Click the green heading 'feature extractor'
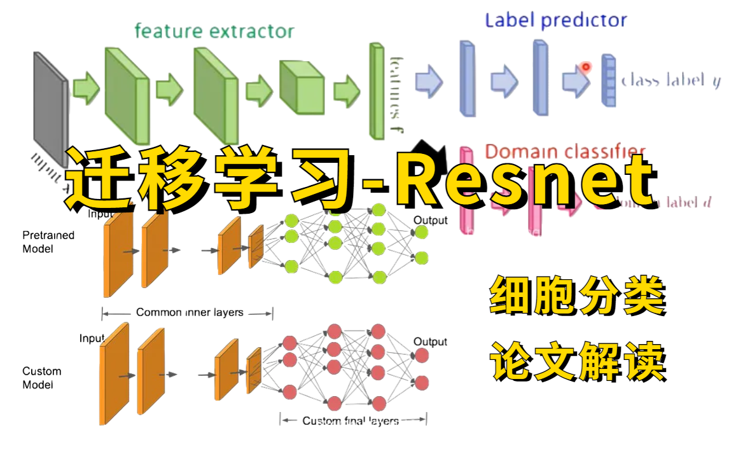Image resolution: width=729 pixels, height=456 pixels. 214,31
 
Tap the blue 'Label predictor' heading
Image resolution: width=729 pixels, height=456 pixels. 555,20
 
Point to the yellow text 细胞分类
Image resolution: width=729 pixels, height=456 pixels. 578,298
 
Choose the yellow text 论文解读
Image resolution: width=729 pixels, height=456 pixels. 578,361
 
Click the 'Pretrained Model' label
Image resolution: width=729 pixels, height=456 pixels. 48,242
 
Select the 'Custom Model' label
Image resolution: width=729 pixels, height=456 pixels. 42,378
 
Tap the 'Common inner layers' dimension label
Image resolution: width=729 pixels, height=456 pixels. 190,312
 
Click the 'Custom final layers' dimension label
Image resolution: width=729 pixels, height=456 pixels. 351,420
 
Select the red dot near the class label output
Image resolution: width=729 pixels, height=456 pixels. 585,66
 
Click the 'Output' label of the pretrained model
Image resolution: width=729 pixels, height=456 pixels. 431,221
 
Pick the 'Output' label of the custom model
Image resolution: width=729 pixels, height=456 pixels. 431,342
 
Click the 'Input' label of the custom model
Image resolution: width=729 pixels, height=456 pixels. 92,338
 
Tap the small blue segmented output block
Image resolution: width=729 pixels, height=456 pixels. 609,80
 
